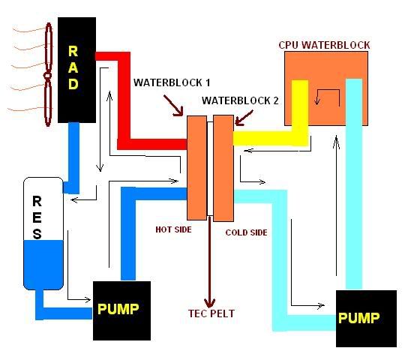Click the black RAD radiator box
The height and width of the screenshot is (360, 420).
pos(75,70)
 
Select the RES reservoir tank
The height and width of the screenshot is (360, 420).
pos(43,232)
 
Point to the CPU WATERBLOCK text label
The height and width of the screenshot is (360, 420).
pos(324,45)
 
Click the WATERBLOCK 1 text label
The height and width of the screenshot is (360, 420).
pos(171,81)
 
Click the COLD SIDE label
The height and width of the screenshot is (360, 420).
pos(246,232)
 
